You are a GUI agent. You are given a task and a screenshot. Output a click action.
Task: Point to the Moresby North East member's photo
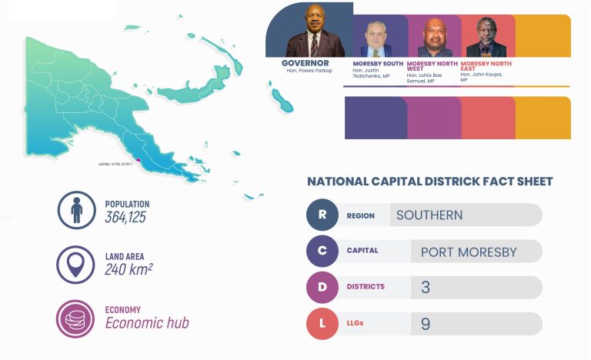point(486,38)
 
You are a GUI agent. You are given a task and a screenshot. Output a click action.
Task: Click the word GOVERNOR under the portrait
point(306,63)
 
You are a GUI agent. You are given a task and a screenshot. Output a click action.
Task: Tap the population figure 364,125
point(125,217)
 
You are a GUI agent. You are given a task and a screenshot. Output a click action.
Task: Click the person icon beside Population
point(75,209)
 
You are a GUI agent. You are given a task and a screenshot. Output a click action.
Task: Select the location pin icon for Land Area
point(75,264)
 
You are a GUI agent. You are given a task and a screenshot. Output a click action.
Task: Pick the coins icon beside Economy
point(75,318)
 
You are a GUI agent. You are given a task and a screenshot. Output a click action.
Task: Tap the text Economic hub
point(147,323)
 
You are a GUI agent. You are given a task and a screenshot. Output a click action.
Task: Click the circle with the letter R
point(322,215)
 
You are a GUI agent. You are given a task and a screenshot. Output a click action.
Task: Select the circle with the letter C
point(322,251)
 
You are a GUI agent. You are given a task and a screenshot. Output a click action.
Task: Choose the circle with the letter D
point(322,287)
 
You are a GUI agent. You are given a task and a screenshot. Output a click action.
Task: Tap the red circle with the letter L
point(322,323)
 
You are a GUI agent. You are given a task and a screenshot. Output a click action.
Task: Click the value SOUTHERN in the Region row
point(429,215)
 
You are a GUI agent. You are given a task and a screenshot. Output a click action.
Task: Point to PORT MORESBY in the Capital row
point(469,252)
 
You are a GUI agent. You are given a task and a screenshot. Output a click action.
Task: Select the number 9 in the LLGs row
point(426,324)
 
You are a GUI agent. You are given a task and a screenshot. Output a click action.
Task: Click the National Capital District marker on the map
point(138,160)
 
